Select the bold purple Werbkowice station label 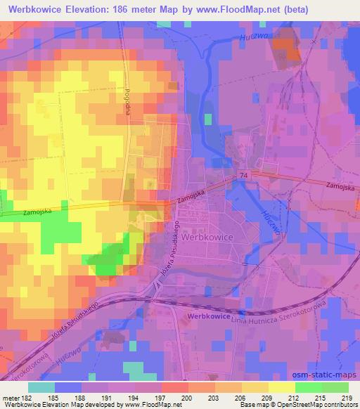pyautogui.click(x=210, y=317)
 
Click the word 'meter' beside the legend pyautogui.click(x=9, y=398)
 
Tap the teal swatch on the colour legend pyautogui.click(x=42, y=387)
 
